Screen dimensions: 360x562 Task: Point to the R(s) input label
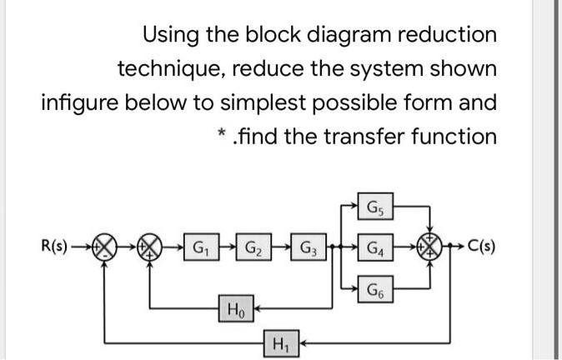(x=55, y=247)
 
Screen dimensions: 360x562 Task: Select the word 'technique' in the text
(x=170, y=68)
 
